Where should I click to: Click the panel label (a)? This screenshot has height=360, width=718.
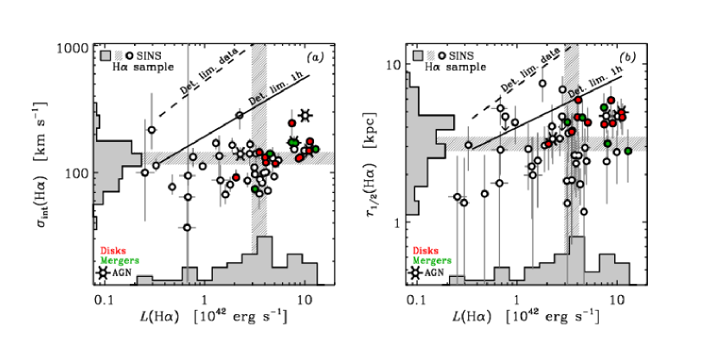[x=317, y=58]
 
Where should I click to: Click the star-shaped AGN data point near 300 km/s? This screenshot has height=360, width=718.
[x=305, y=115]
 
